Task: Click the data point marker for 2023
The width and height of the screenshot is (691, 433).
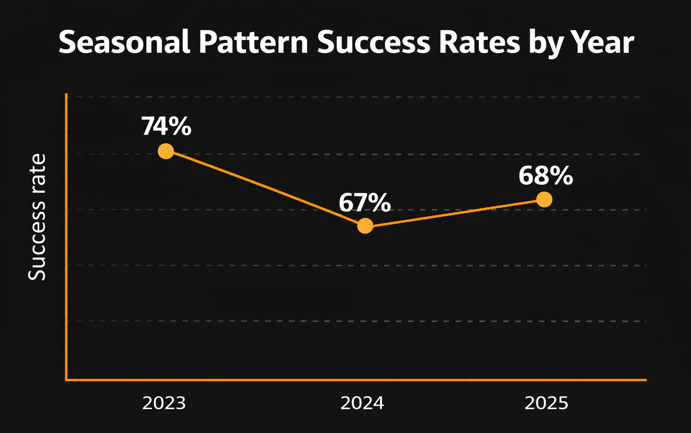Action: pyautogui.click(x=166, y=151)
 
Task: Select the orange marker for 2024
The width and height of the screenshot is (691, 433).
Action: pyautogui.click(x=365, y=226)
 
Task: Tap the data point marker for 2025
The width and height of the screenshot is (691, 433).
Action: pyautogui.click(x=544, y=199)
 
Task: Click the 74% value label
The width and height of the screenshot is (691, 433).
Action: pyautogui.click(x=166, y=126)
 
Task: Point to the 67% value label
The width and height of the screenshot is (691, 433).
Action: pyautogui.click(x=364, y=203)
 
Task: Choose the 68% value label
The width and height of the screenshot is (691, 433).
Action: pyautogui.click(x=545, y=176)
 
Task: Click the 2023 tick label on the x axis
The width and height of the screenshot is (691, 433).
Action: pyautogui.click(x=164, y=403)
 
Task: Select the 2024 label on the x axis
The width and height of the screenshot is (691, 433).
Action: pyautogui.click(x=362, y=403)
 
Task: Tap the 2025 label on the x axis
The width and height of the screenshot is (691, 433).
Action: pyautogui.click(x=546, y=403)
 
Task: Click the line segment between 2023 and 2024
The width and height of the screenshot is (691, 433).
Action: pyautogui.click(x=265, y=188)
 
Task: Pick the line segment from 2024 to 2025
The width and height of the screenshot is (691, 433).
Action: pyautogui.click(x=455, y=213)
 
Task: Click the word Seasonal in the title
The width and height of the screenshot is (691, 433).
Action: pyautogui.click(x=124, y=42)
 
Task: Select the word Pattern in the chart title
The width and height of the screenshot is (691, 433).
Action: pyautogui.click(x=254, y=42)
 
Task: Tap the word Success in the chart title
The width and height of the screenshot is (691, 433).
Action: pyautogui.click(x=374, y=42)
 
